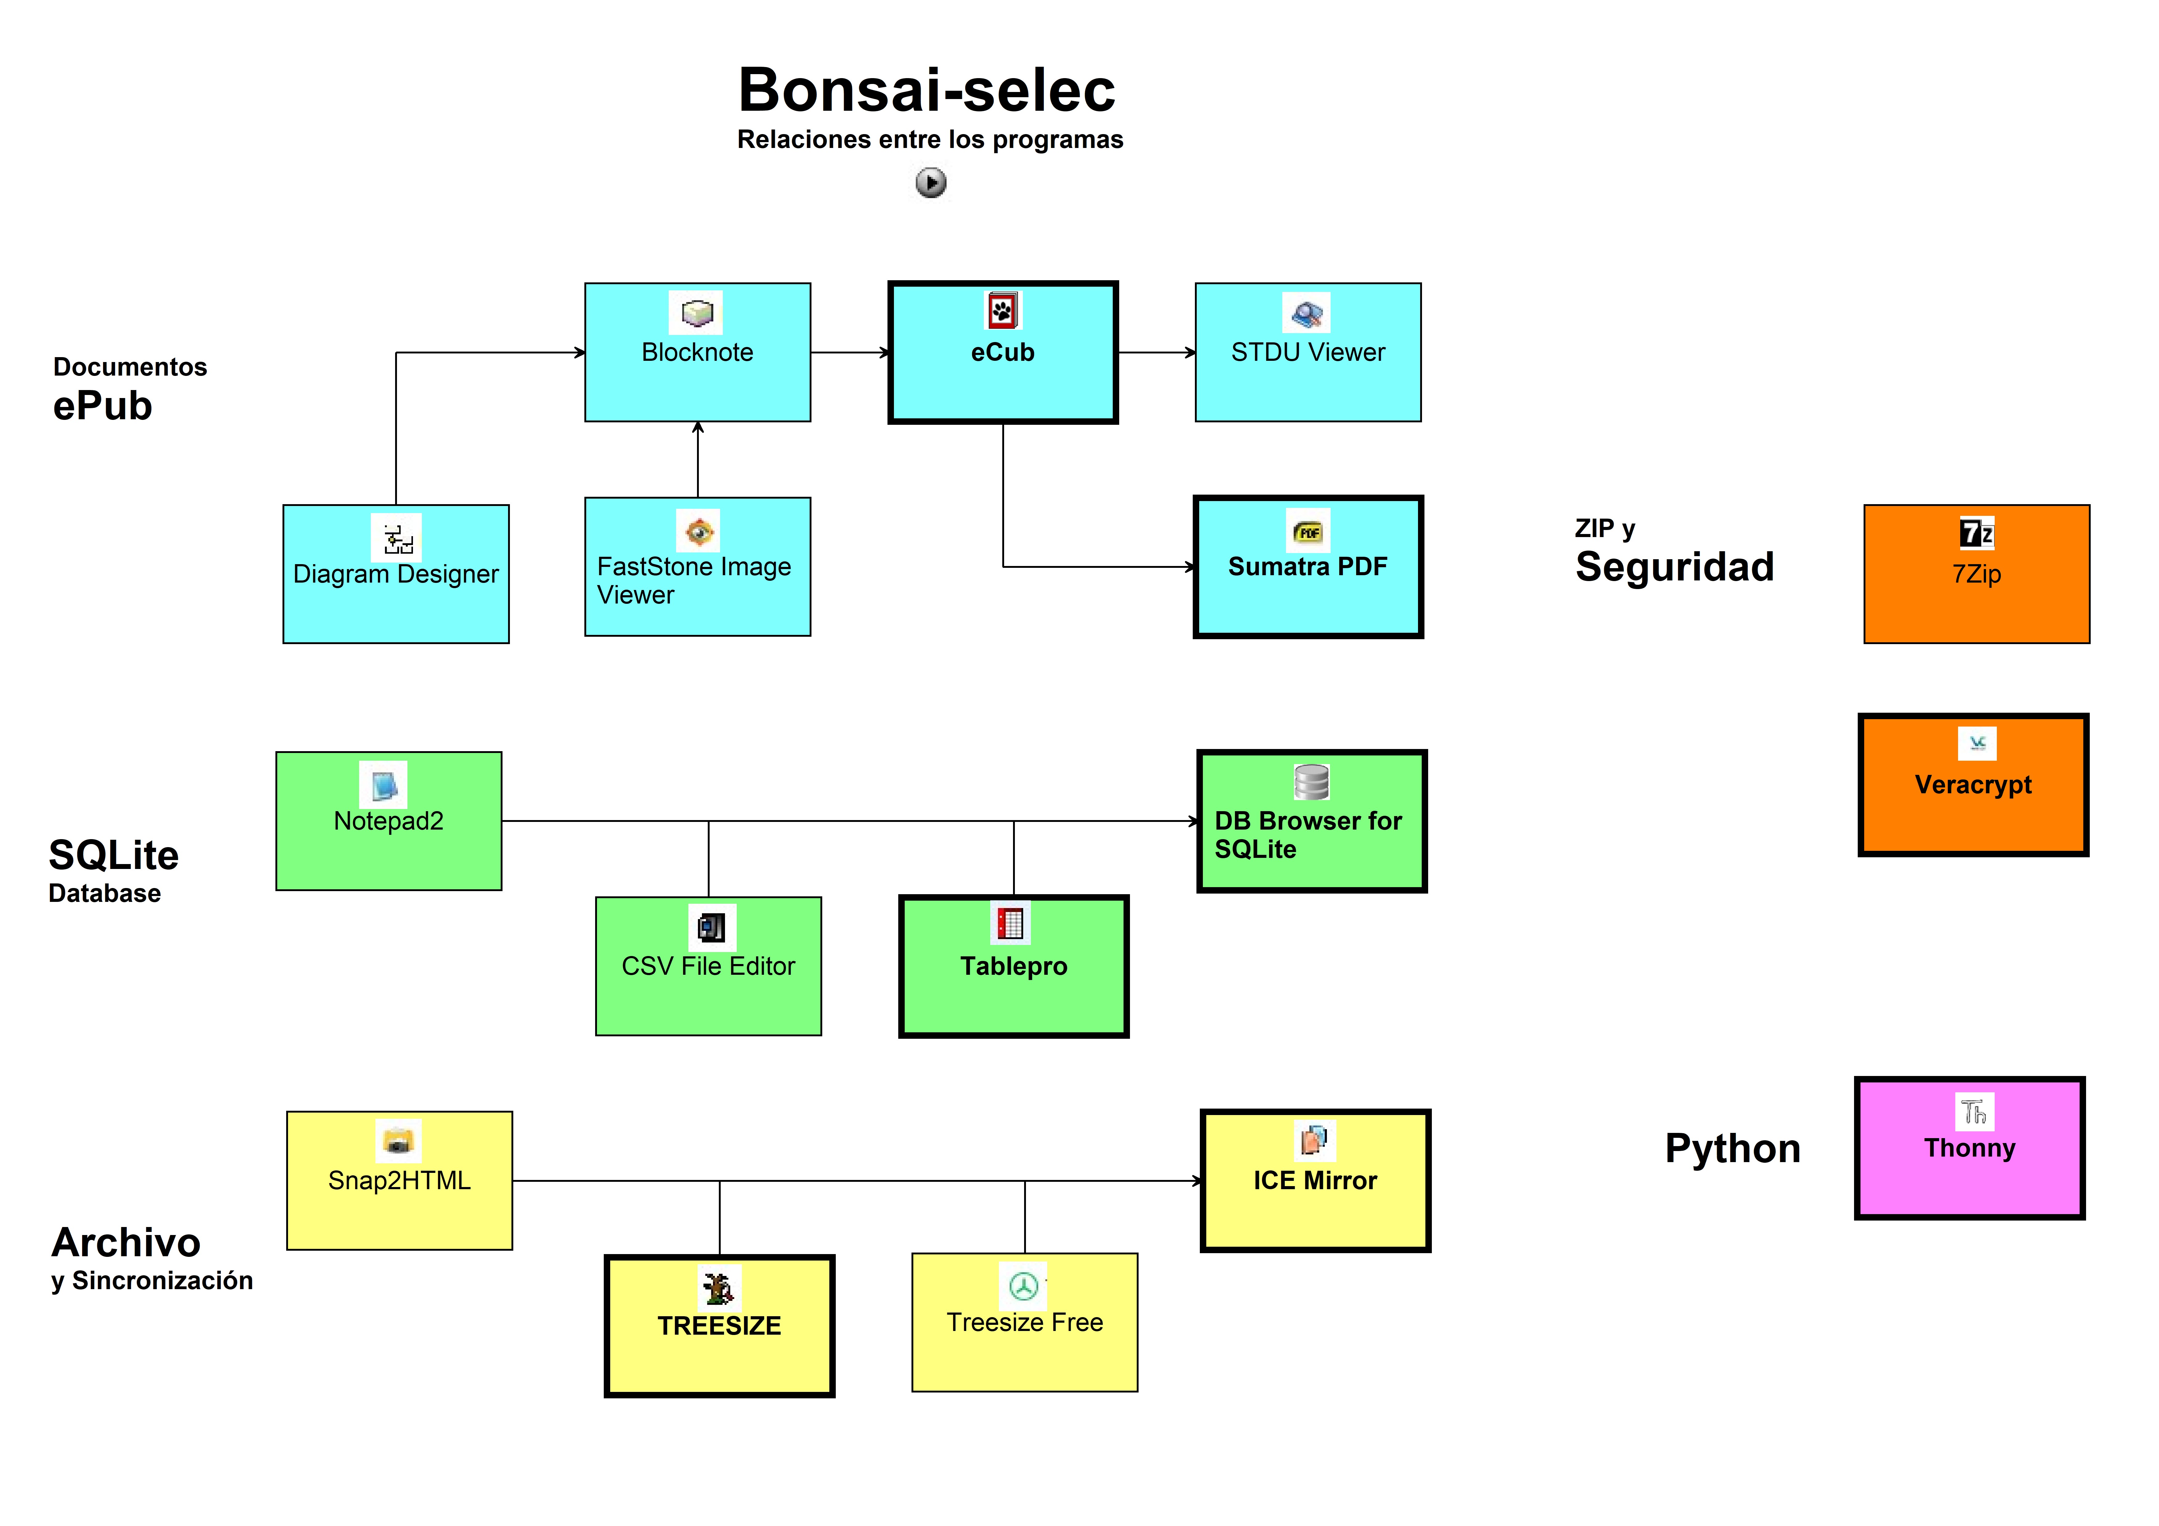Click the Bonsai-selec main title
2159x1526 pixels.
(926, 90)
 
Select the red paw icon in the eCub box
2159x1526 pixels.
(1002, 310)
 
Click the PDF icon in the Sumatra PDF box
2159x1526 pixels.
(1307, 531)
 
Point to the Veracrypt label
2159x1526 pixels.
(1973, 784)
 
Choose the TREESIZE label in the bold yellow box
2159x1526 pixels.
(719, 1326)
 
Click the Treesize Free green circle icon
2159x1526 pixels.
(1023, 1285)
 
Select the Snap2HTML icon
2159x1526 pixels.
(399, 1141)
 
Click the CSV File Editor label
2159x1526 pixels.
(708, 966)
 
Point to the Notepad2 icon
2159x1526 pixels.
(384, 784)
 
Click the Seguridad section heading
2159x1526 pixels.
(1674, 567)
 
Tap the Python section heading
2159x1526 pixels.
(1732, 1148)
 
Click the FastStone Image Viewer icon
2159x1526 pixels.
(699, 532)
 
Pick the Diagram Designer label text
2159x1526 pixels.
(396, 574)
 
